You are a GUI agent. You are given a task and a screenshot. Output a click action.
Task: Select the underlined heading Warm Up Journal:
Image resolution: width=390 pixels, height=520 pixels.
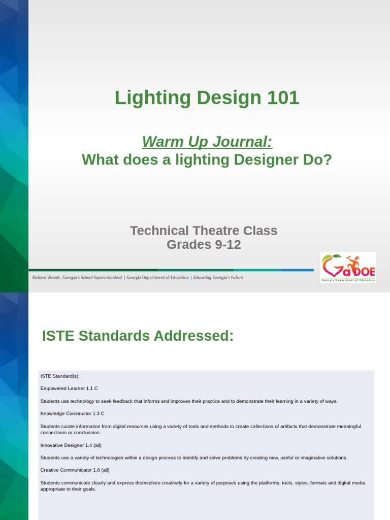pyautogui.click(x=207, y=142)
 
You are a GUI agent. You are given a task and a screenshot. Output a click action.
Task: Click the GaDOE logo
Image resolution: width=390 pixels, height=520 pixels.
pyautogui.click(x=348, y=267)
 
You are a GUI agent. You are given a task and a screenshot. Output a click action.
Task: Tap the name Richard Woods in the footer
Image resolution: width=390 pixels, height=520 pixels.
pyautogui.click(x=47, y=278)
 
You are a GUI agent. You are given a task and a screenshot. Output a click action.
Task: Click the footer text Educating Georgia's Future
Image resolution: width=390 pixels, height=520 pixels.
pyautogui.click(x=218, y=278)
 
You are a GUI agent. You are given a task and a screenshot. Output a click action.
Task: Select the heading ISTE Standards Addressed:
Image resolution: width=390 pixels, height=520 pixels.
pyautogui.click(x=138, y=336)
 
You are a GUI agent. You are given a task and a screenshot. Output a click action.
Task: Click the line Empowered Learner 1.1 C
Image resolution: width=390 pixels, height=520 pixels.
pyautogui.click(x=69, y=388)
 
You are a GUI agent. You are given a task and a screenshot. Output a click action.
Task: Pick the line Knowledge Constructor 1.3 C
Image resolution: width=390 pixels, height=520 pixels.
pyautogui.click(x=72, y=414)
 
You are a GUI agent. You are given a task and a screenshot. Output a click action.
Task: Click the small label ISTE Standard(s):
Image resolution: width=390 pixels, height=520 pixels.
pyautogui.click(x=60, y=376)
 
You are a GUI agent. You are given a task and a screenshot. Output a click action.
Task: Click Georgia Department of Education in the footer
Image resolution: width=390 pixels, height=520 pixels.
pyautogui.click(x=157, y=278)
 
